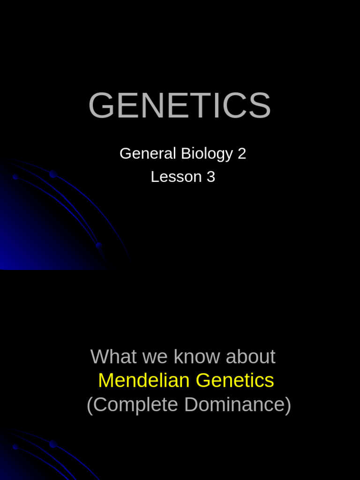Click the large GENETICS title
point(180,106)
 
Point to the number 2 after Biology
point(242,154)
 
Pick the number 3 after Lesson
point(211,177)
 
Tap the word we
point(155,357)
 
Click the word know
point(197,357)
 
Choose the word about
point(250,357)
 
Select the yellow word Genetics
point(235,380)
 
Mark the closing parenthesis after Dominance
point(288,405)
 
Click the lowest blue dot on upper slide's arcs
point(98,245)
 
